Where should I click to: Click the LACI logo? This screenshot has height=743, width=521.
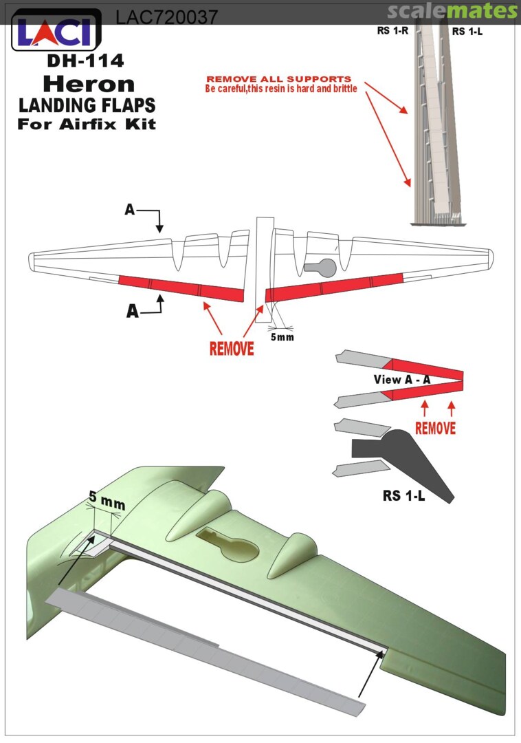(x=56, y=31)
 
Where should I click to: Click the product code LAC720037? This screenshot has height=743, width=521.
(x=167, y=17)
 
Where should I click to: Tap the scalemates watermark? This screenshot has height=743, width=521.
(x=452, y=12)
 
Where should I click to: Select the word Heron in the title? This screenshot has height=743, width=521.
(x=88, y=84)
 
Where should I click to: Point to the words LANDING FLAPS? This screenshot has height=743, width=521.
(x=87, y=105)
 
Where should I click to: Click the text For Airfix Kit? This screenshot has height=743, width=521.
(x=87, y=125)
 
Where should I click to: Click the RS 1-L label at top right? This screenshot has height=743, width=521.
(x=467, y=32)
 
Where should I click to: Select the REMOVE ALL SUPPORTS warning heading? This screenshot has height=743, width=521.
(x=278, y=79)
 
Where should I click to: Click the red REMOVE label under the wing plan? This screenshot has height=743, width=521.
(x=232, y=348)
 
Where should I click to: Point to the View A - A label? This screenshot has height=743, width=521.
(x=401, y=379)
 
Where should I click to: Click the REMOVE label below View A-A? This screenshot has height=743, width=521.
(x=435, y=428)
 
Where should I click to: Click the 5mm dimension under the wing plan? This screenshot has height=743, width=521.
(x=280, y=338)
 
